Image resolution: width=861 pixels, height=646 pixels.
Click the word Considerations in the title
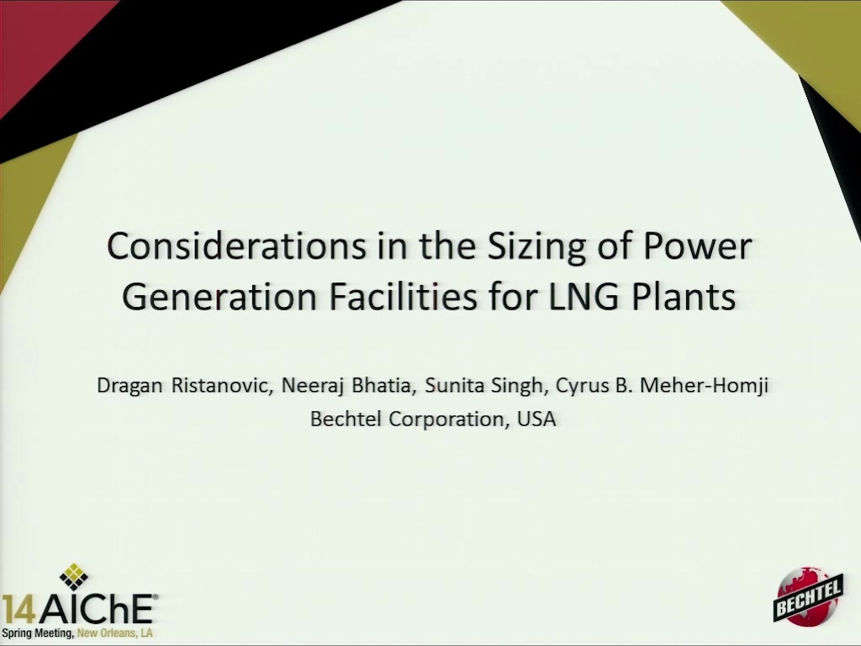tap(236, 246)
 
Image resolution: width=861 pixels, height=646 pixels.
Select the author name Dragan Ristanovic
tap(184, 386)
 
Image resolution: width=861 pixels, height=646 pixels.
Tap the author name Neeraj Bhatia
tap(346, 386)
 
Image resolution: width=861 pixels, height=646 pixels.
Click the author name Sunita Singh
tap(483, 386)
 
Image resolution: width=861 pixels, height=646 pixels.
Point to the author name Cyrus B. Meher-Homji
tap(662, 386)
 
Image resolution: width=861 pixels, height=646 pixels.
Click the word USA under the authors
tap(536, 419)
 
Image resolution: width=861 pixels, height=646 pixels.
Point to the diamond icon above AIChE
tap(74, 577)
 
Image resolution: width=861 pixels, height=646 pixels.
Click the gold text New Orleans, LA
tap(114, 633)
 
